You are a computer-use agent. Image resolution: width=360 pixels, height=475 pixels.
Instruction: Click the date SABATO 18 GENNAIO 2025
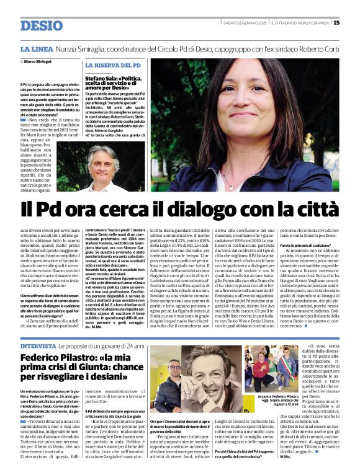click(x=245, y=23)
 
